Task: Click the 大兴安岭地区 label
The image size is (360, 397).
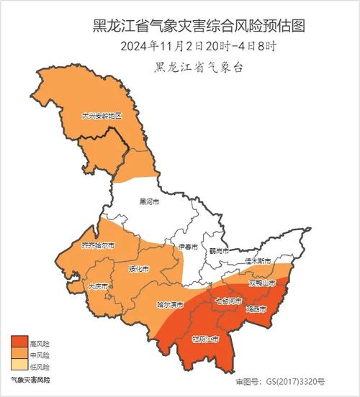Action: tap(102, 115)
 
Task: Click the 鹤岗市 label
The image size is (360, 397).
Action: tap(218, 251)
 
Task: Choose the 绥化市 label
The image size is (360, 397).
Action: tap(138, 269)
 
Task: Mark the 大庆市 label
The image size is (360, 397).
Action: tap(98, 286)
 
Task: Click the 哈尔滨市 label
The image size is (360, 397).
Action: tap(171, 304)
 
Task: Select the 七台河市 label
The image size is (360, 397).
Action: tap(230, 300)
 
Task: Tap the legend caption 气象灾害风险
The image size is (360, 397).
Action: tap(30, 378)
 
